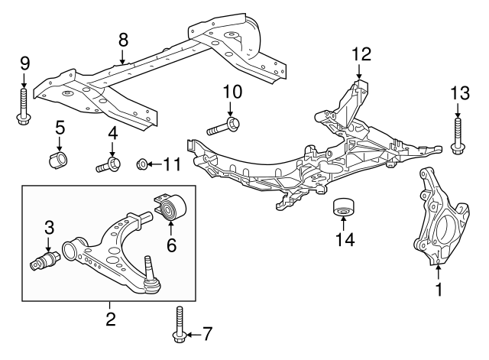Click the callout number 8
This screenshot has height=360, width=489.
click(x=123, y=39)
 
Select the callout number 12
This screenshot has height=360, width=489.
click(x=361, y=54)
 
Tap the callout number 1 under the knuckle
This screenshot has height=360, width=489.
click(x=439, y=290)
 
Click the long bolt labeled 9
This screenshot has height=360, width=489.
click(x=23, y=103)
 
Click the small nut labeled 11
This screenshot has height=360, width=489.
click(x=141, y=164)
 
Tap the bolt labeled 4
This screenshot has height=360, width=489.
click(x=109, y=164)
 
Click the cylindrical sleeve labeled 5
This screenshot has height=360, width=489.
click(x=59, y=162)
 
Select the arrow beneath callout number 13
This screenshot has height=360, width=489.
click(x=458, y=110)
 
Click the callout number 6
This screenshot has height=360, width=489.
click(x=171, y=245)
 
